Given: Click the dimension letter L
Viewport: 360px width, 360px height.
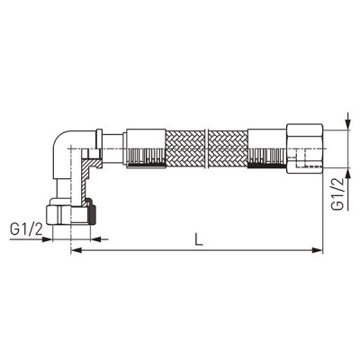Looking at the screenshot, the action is tap(199, 239).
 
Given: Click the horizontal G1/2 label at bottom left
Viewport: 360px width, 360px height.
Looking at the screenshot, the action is tap(26, 230).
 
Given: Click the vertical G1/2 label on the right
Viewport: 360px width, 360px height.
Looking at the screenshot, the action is tap(337, 194).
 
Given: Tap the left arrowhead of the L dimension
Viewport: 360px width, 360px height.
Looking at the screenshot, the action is tap(77, 249).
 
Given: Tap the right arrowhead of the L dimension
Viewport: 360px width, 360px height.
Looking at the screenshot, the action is tap(317, 249).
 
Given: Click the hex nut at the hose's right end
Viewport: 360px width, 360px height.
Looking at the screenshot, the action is tap(305, 148).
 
